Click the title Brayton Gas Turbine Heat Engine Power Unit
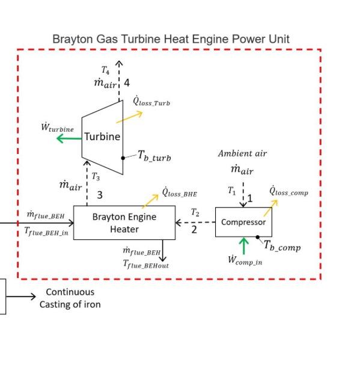coord(171,39)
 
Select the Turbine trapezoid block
coord(102,137)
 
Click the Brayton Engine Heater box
coord(124,223)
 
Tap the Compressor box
coord(243,222)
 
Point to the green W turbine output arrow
coord(69,138)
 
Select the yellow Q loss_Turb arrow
coord(130,117)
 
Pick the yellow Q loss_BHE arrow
coord(150,200)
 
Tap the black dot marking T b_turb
coord(123,158)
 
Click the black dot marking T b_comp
coord(257,237)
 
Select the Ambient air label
coord(242,153)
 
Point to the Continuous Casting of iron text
coord(70,298)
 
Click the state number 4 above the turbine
coord(127,83)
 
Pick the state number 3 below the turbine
coord(100,195)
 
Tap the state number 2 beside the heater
coord(194,229)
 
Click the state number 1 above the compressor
coord(251,198)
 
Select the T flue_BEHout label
coord(146,264)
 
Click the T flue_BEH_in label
coord(46,231)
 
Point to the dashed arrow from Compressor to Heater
coord(195,222)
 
